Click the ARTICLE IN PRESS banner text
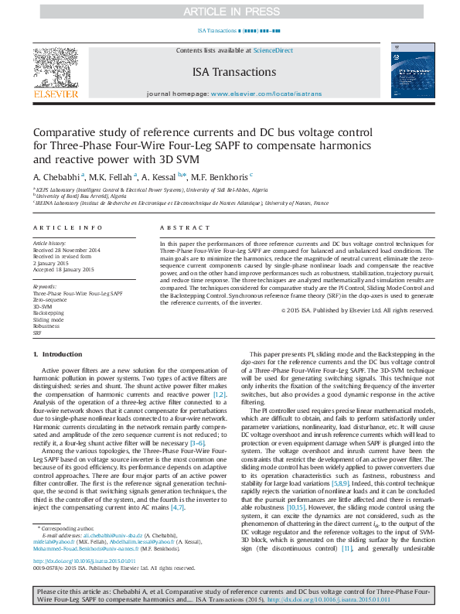click(229, 12)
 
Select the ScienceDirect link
click(273, 50)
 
